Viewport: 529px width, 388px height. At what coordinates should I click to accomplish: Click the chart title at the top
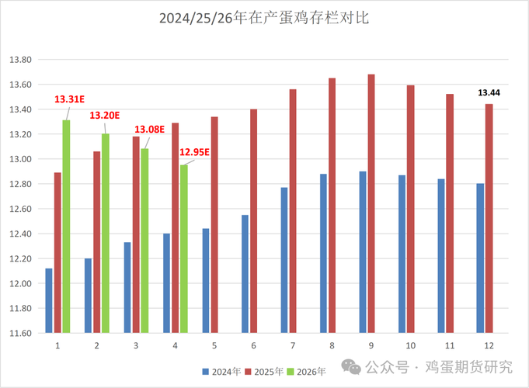264,18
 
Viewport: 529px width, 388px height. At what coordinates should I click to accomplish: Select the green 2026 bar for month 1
67,227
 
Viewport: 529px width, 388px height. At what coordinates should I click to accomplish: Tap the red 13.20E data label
105,115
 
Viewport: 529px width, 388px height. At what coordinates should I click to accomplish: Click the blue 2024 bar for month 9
362,252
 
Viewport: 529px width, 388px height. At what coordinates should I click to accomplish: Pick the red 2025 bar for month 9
371,203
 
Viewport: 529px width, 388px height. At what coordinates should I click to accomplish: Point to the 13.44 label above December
489,92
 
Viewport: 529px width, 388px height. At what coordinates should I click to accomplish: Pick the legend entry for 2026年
308,371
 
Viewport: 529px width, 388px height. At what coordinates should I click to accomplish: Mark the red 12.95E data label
194,152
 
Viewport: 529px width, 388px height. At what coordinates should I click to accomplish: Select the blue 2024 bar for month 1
49,300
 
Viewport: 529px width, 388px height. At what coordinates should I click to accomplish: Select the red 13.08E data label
149,130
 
